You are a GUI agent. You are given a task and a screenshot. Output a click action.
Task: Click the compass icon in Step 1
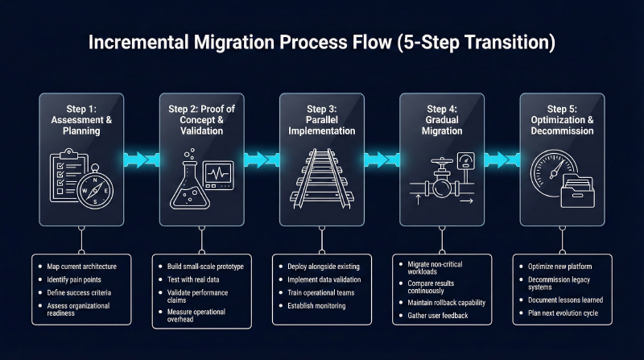[x=95, y=189]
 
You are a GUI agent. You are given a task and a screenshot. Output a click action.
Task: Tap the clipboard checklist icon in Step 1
[x=68, y=175]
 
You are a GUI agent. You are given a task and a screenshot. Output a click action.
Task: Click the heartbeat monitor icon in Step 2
[x=218, y=175]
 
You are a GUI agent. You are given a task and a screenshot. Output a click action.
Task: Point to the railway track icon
[x=321, y=178]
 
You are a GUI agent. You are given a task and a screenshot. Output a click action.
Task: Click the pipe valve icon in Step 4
[x=442, y=181]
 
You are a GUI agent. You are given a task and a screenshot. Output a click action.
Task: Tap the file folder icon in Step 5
[x=577, y=191]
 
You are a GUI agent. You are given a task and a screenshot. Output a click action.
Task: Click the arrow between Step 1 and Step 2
[x=142, y=159]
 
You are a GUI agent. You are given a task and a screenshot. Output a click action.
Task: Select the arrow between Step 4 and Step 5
[x=502, y=159]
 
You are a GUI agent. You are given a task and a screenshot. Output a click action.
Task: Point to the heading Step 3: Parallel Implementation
[x=321, y=120]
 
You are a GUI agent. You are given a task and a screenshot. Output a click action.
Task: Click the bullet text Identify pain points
[x=74, y=279]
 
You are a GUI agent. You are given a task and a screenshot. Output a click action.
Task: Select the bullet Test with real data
[x=193, y=279]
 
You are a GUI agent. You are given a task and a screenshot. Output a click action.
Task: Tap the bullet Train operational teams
[x=320, y=292]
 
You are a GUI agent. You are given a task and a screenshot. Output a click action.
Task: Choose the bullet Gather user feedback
[x=438, y=316]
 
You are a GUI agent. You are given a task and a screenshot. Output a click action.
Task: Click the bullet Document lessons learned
[x=566, y=300]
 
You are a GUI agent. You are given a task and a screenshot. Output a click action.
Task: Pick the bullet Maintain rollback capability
[x=447, y=303]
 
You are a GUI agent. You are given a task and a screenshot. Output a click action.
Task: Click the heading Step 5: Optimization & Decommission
[x=562, y=120]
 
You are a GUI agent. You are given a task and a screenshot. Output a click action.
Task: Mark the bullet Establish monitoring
[x=316, y=306]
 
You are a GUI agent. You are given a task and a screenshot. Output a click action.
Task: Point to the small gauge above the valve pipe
[x=466, y=161]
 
